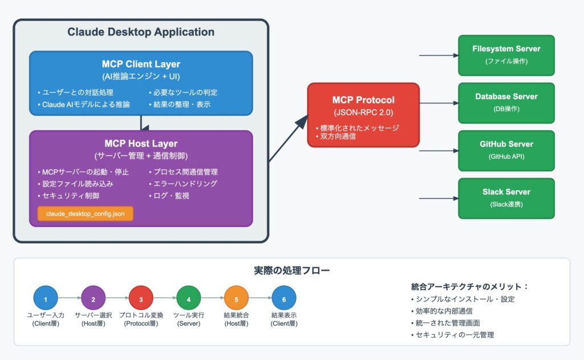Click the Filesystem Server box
coord(506,55)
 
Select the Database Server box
coord(506,102)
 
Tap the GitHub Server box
coord(506,150)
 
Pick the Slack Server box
coord(506,198)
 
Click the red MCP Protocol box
coord(363,115)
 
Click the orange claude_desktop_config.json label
coord(86,214)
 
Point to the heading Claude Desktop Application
coord(141,32)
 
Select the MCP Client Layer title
coord(141,64)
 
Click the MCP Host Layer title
coord(141,144)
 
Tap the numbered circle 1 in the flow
coord(46,298)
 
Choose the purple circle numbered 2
coord(94,298)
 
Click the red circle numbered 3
coord(141,298)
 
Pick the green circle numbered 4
coord(188,298)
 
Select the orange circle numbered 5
coord(236,298)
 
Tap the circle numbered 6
coord(283,298)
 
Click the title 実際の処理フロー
coord(291,270)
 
